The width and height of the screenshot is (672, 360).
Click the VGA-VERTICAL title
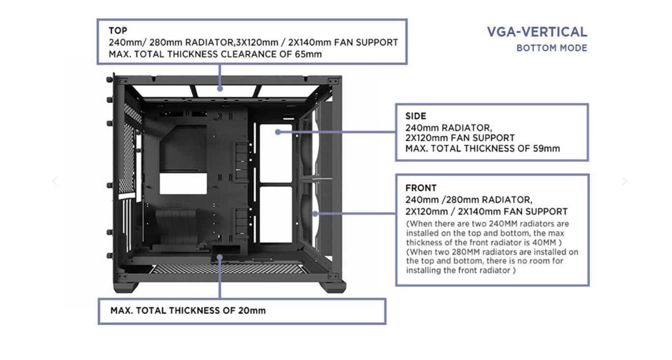[x=537, y=32]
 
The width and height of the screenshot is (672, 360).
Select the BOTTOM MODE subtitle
[x=552, y=48]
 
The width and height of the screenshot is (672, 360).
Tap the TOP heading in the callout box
[x=118, y=30]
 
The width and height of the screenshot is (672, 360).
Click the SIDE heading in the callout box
[x=416, y=116]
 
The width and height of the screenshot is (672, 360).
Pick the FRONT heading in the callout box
[x=421, y=188]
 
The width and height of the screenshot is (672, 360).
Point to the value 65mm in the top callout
[x=308, y=54]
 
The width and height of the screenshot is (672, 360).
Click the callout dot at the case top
[x=220, y=89]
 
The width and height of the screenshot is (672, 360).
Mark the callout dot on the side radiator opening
[x=278, y=132]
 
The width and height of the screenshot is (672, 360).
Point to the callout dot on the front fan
[x=315, y=214]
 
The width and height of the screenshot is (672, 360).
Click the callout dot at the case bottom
[x=220, y=256]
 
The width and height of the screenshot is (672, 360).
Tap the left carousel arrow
[x=55, y=181]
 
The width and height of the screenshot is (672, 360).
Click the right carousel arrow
[x=624, y=181]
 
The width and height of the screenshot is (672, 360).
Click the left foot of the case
[x=125, y=287]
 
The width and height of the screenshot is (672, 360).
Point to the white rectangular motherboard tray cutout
[x=183, y=183]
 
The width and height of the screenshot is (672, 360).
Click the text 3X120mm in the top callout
[x=256, y=42]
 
